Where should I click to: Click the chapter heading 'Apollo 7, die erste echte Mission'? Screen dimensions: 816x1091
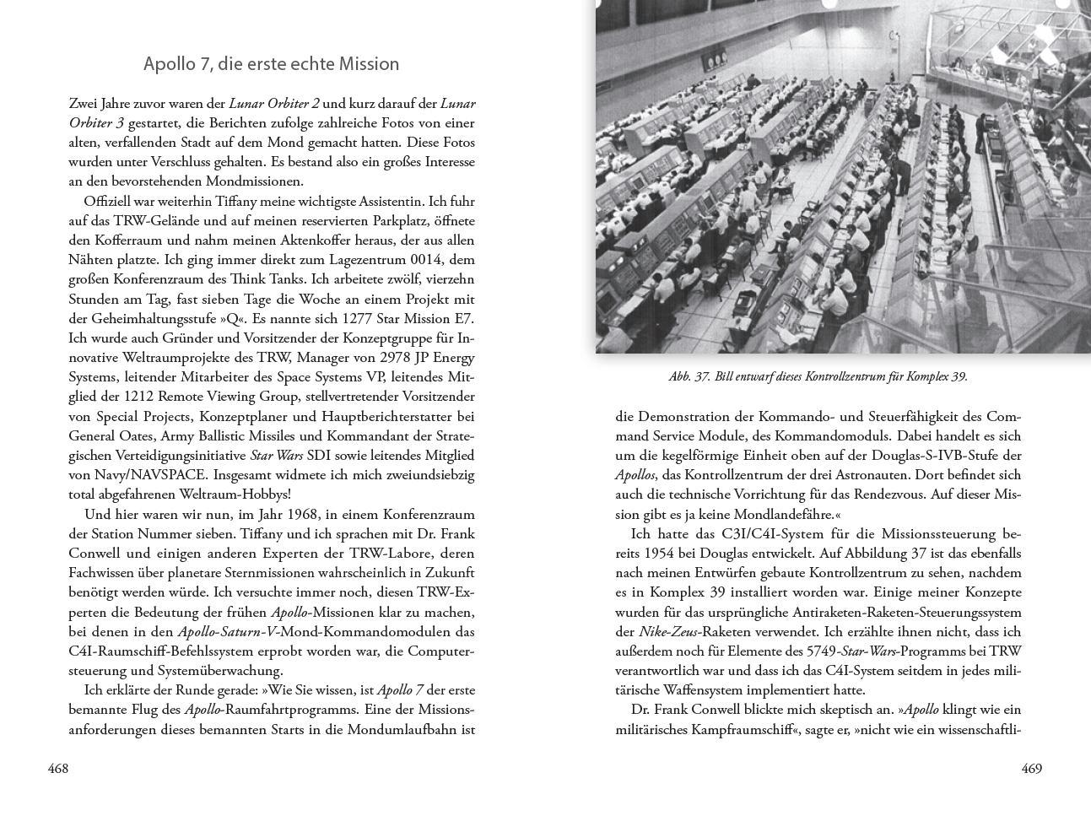(x=271, y=64)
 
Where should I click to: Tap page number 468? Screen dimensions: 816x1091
(x=58, y=769)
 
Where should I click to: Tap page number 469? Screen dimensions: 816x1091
(x=1032, y=769)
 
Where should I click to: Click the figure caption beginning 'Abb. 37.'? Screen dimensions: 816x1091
(x=818, y=377)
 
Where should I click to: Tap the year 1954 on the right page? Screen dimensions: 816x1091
(x=660, y=554)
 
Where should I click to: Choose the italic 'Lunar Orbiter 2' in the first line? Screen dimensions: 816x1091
(x=274, y=104)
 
